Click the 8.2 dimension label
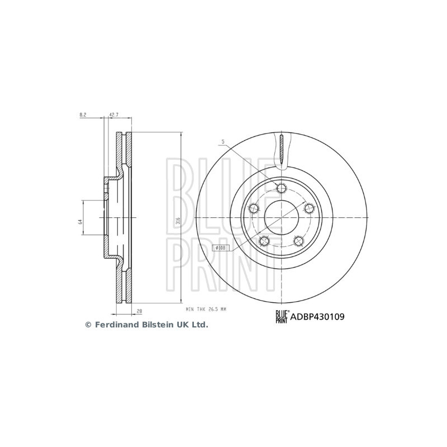pos(83,115)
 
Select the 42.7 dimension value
pos(113,115)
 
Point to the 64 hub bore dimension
pos(80,222)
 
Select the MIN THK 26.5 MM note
pos(205,308)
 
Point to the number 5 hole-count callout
pos(222,142)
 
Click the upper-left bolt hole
pos(253,208)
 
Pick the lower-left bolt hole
pos(264,241)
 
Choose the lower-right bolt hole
pos(298,241)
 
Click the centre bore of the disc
pos(281,217)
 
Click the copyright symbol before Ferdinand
pos(88,325)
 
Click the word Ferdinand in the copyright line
pos(114,325)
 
